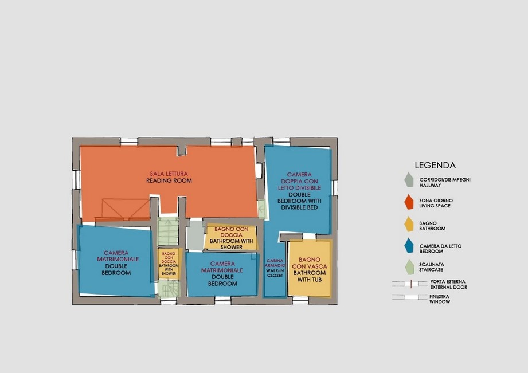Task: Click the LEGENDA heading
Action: (x=435, y=165)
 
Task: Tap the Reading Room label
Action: (x=169, y=181)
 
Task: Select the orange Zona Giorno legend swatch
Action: (x=409, y=202)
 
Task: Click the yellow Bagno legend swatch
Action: (x=409, y=224)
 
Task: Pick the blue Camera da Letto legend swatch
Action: (x=409, y=246)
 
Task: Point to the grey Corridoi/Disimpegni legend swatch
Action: (x=409, y=180)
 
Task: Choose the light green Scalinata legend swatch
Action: (x=410, y=266)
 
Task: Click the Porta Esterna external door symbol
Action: (x=409, y=284)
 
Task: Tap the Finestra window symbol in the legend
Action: (x=409, y=297)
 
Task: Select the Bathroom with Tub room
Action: (x=310, y=268)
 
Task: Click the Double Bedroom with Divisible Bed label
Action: (x=299, y=201)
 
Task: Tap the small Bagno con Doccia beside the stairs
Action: (x=169, y=264)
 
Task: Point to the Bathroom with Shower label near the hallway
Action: (x=232, y=244)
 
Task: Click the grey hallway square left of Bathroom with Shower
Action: (x=195, y=235)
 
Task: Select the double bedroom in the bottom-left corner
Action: (x=116, y=260)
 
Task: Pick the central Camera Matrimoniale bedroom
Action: (x=222, y=274)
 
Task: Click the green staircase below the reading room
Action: (x=168, y=232)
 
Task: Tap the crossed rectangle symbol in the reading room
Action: (x=126, y=209)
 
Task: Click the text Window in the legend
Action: (x=440, y=302)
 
